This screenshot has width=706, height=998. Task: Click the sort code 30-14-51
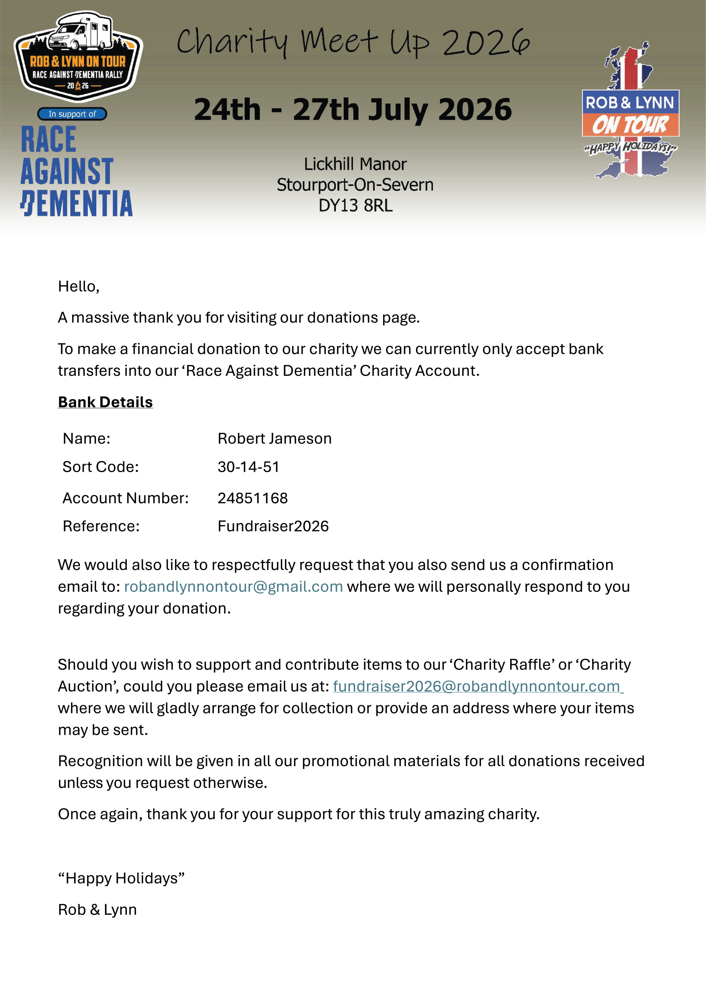pyautogui.click(x=248, y=467)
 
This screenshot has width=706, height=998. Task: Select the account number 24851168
pyautogui.click(x=253, y=498)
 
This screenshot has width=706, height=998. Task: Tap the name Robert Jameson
pyautogui.click(x=275, y=439)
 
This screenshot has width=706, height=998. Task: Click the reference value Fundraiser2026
pyautogui.click(x=273, y=526)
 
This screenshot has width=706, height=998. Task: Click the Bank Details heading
pyautogui.click(x=105, y=402)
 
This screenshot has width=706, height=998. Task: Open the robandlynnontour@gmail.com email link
pyautogui.click(x=234, y=587)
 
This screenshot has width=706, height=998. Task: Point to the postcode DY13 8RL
pyautogui.click(x=355, y=205)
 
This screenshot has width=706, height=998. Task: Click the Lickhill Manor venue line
pyautogui.click(x=355, y=164)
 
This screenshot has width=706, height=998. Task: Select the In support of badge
pyautogui.click(x=72, y=114)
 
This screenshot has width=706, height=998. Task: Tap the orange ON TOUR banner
pyautogui.click(x=630, y=125)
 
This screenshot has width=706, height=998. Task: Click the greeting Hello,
pyautogui.click(x=79, y=287)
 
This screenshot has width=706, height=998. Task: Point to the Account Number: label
pyautogui.click(x=126, y=498)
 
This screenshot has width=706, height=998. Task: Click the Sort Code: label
pyautogui.click(x=101, y=467)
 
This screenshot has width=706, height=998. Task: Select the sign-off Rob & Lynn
pyautogui.click(x=98, y=910)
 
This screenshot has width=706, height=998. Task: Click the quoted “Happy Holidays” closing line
pyautogui.click(x=121, y=878)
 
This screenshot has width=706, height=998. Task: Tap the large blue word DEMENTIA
pyautogui.click(x=76, y=203)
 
